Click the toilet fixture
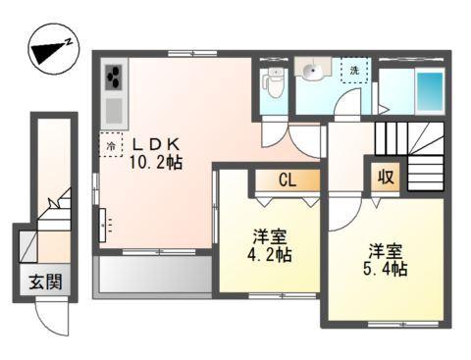pyautogui.click(x=275, y=85)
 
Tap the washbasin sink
pyautogui.click(x=313, y=71)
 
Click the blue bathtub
pyautogui.click(x=429, y=91)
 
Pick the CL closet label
pyautogui.click(x=287, y=180)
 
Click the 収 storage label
pyautogui.click(x=386, y=178)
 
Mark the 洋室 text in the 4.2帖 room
pyautogui.click(x=268, y=236)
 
